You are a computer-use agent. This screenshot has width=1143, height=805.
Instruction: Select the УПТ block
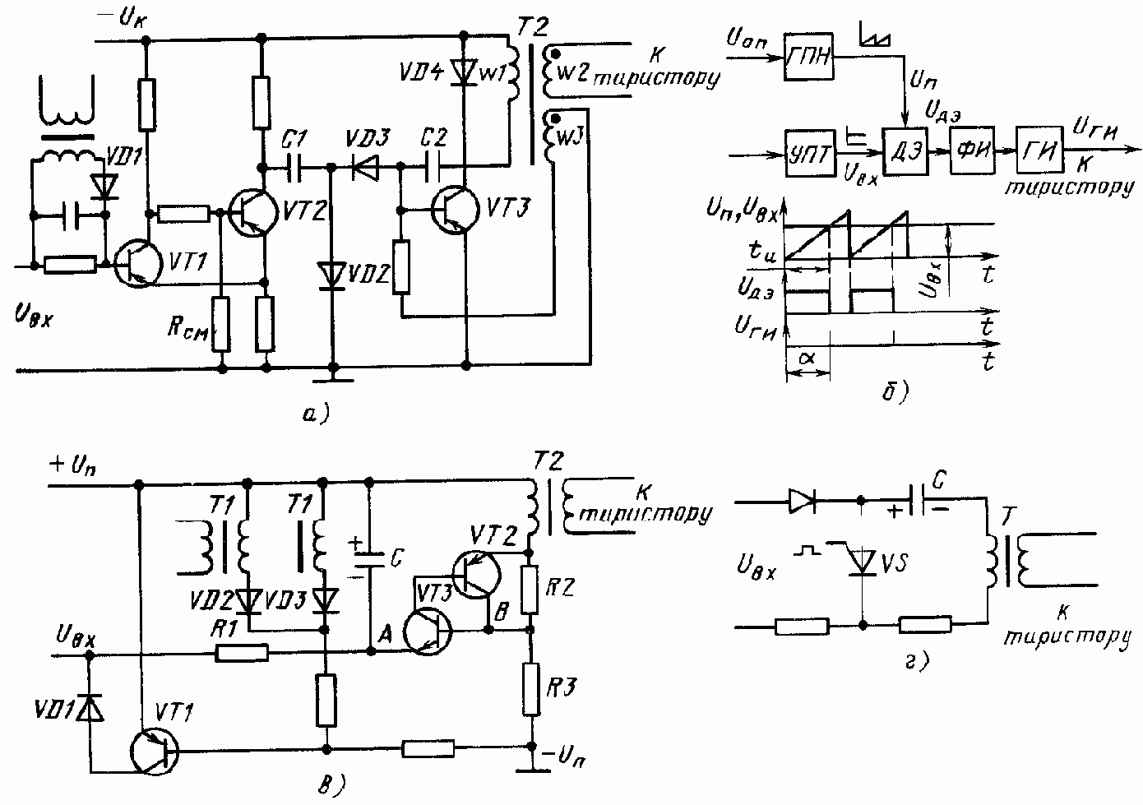[810, 154]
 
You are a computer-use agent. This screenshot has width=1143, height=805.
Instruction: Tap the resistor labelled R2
[531, 590]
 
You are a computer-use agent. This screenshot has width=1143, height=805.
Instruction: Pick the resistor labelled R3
[531, 687]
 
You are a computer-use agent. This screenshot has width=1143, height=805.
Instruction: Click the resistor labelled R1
[243, 654]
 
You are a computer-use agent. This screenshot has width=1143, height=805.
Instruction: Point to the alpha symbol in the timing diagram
[807, 359]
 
